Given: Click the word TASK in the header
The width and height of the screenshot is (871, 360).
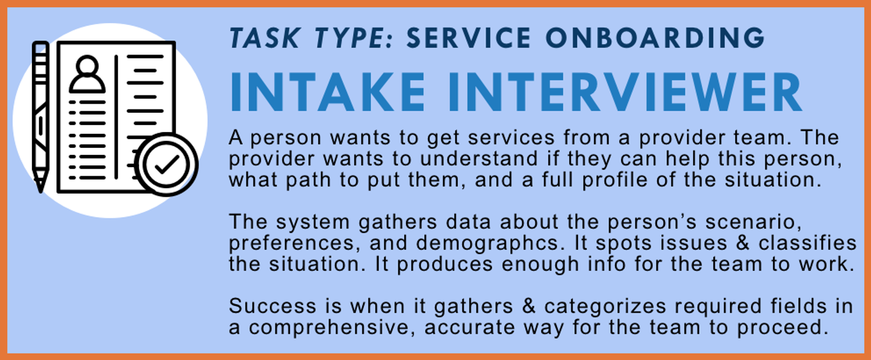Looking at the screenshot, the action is pos(265,38).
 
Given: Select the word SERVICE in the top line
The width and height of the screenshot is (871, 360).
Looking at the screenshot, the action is pos(469,38).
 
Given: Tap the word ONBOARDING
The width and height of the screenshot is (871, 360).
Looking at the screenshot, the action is pos(656,38).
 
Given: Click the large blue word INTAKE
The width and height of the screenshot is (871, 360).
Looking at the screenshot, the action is pos(328,92).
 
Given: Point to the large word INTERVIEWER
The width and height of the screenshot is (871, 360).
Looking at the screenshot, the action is pos(625,92).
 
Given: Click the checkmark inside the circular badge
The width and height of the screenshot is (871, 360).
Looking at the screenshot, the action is pos(167,165).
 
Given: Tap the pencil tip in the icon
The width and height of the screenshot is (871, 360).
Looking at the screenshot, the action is pos(40,185).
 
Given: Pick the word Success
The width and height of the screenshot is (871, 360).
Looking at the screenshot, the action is pos(273,306).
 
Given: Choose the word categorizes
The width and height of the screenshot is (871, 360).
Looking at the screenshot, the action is pos(605,306).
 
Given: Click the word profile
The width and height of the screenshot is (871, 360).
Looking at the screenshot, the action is pos(614,180).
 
